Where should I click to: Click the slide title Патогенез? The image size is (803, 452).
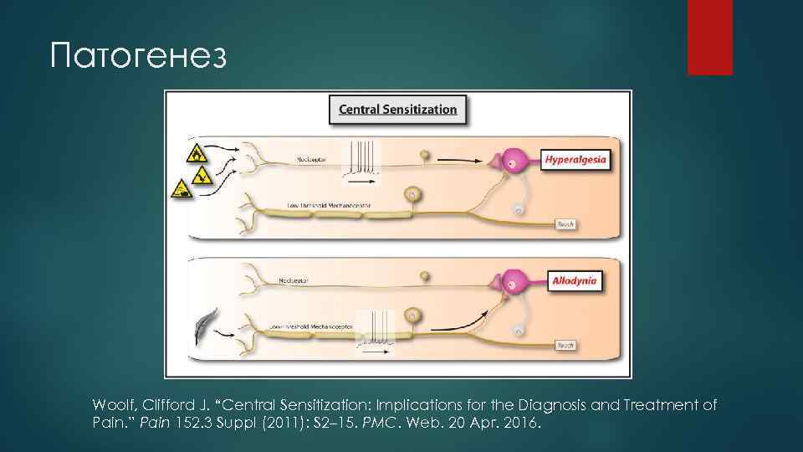(x=138, y=56)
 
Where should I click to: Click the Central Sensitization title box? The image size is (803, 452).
(x=397, y=110)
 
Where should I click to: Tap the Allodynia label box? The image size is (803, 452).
(x=575, y=281)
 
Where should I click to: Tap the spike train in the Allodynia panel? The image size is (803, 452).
(x=376, y=328)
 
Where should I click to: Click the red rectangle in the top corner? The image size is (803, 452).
(x=709, y=37)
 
